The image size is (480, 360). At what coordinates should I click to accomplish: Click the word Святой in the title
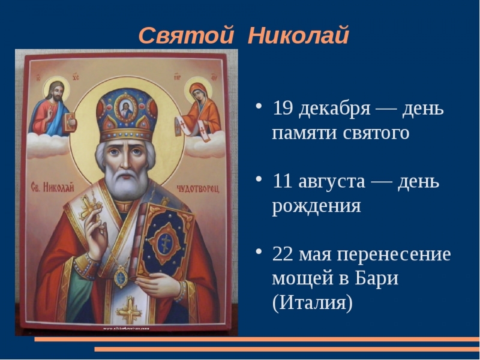coord(185,35)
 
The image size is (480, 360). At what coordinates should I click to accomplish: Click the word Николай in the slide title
coord(298,35)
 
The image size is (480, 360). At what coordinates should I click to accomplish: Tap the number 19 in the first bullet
coord(283,109)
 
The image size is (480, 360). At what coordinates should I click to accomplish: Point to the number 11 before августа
coord(283,181)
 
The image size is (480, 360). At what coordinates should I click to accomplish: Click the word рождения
coord(316,206)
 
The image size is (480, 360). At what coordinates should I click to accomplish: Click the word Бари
coord(377,278)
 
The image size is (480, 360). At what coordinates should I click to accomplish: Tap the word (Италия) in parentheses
coord(312,303)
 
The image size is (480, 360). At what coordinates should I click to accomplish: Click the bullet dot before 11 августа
coord(259,179)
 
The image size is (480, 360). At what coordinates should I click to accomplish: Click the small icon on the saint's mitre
coord(127,109)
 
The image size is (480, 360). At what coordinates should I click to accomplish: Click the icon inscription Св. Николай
coord(53,188)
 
